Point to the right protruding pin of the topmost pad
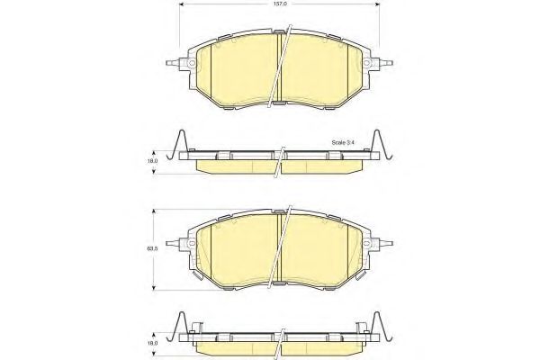390,63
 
